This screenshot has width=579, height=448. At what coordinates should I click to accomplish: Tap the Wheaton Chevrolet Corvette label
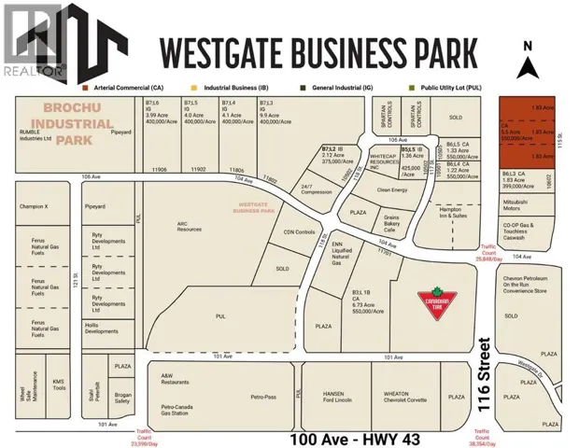coord(402,397)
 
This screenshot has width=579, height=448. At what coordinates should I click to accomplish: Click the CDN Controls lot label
coord(294,233)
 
